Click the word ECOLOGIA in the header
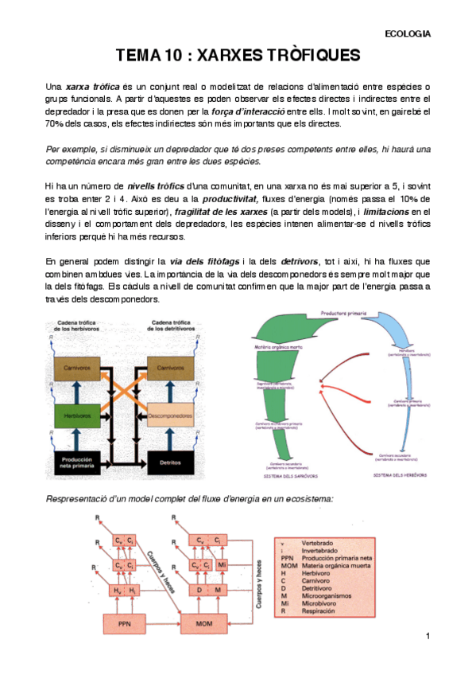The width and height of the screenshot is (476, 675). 407,33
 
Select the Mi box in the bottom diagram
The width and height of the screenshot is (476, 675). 222,565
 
